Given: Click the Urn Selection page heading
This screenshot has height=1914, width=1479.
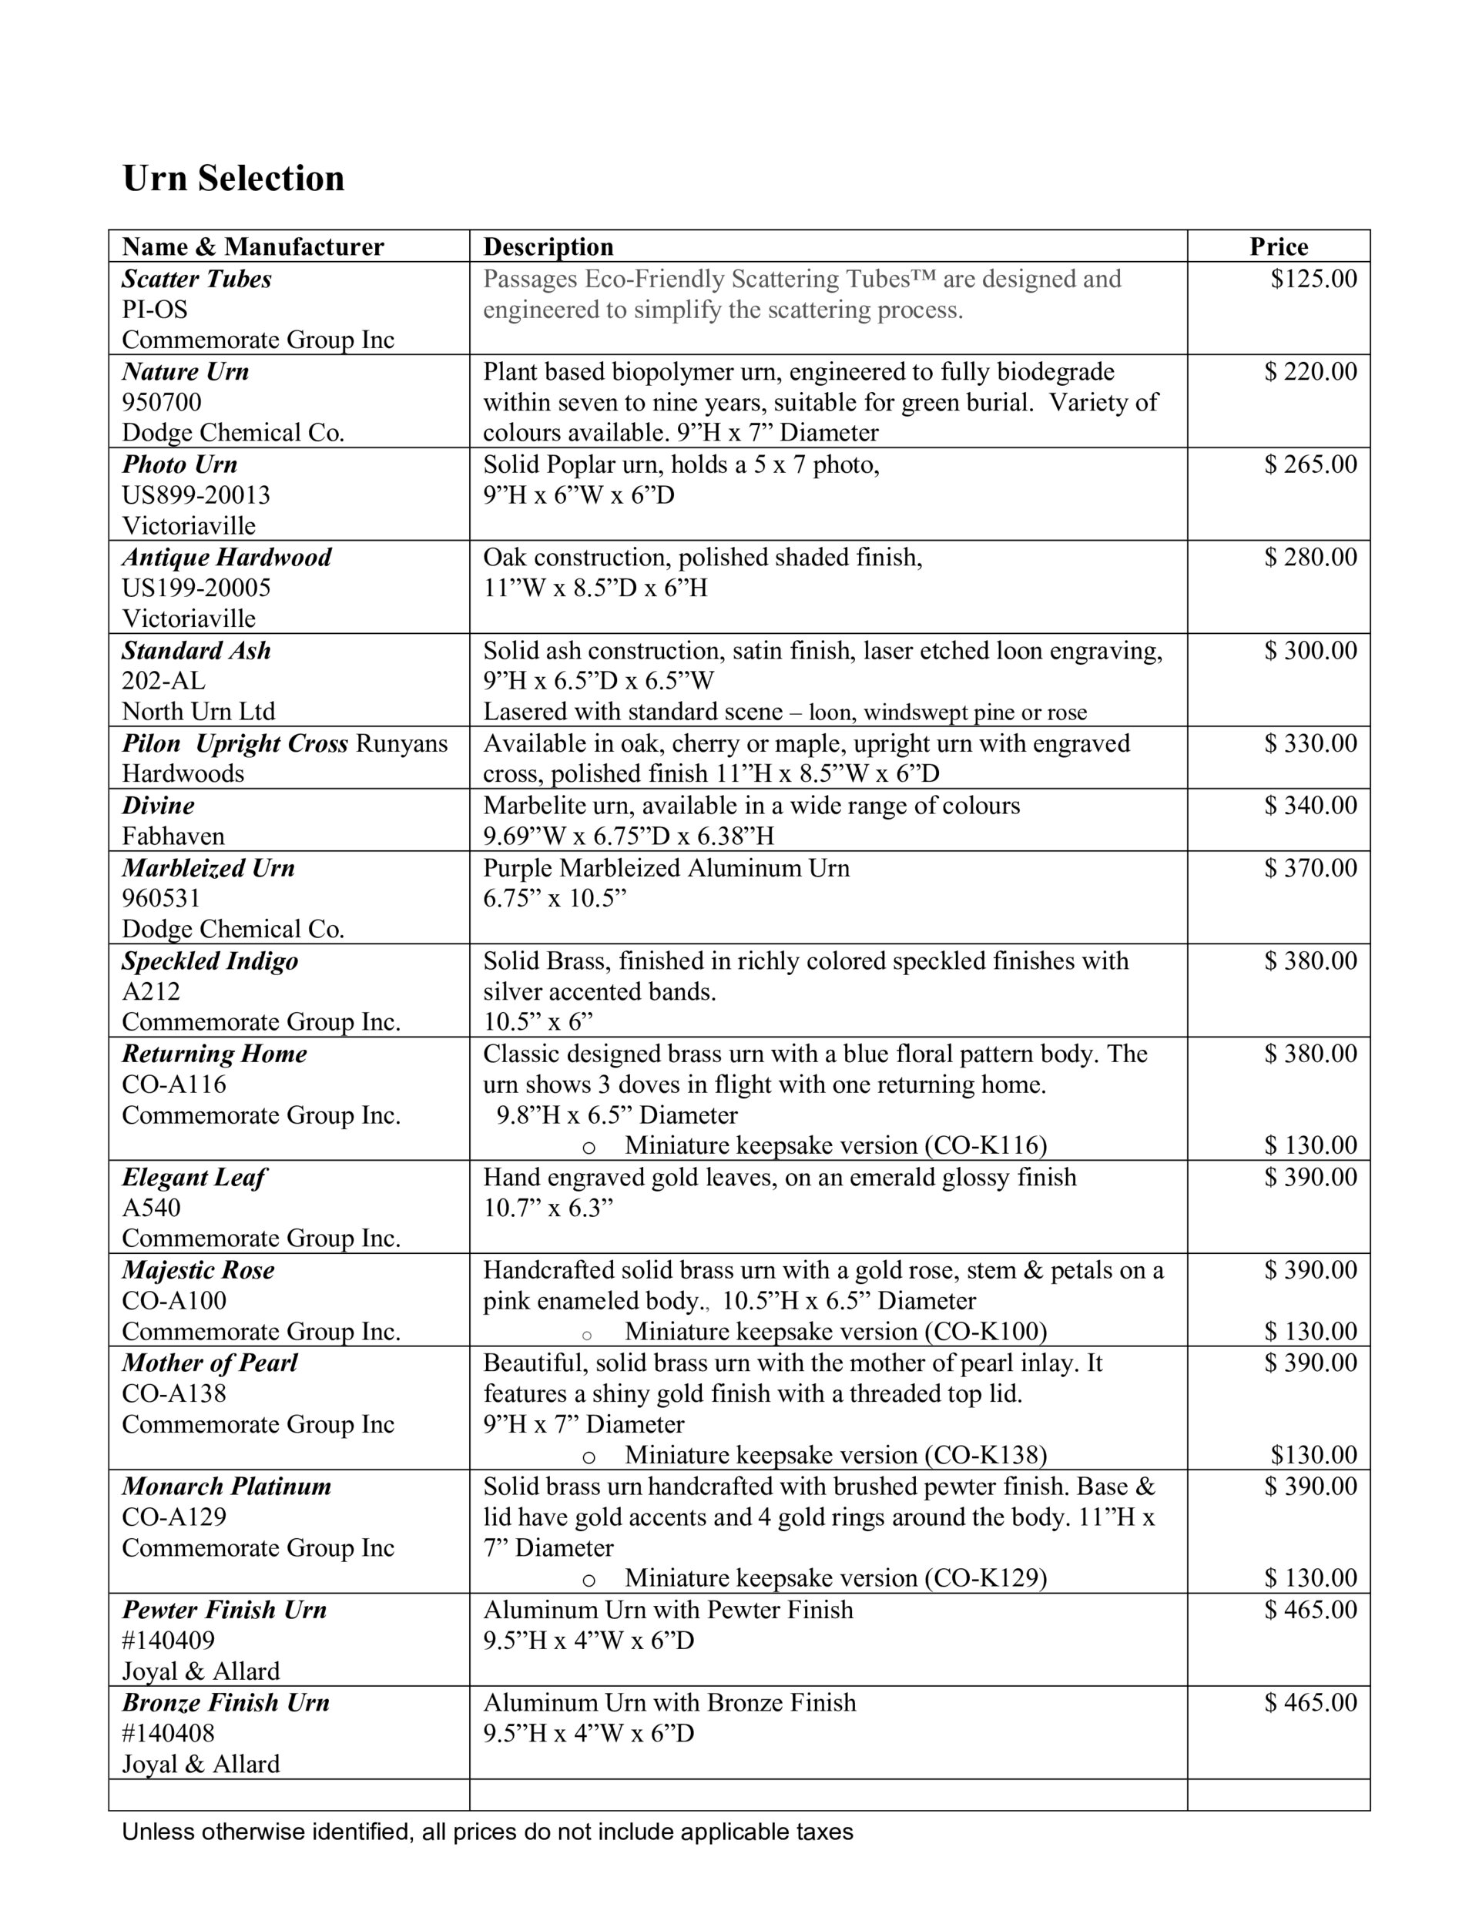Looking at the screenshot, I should click(233, 179).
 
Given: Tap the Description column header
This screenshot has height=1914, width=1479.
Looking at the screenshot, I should click(548, 247).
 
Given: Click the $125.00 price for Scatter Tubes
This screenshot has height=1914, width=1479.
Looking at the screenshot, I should click(1313, 279).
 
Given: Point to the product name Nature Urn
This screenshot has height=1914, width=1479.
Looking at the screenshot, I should click(185, 371).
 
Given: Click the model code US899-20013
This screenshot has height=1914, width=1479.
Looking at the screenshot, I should click(196, 495).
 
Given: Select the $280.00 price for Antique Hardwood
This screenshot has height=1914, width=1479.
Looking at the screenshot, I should click(1310, 558).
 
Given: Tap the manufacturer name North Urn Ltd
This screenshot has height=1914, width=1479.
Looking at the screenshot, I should click(198, 712).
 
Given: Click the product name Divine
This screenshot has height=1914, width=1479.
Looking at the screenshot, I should click(158, 806).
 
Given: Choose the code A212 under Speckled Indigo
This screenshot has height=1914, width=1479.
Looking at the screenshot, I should click(151, 991).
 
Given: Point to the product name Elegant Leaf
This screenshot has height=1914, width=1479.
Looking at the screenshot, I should click(194, 1177).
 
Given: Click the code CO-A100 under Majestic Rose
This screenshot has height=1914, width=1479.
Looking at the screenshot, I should click(173, 1301).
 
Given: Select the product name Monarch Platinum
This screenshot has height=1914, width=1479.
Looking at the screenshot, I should click(226, 1487).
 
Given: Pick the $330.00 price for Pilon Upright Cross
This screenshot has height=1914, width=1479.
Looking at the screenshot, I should click(1310, 743).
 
